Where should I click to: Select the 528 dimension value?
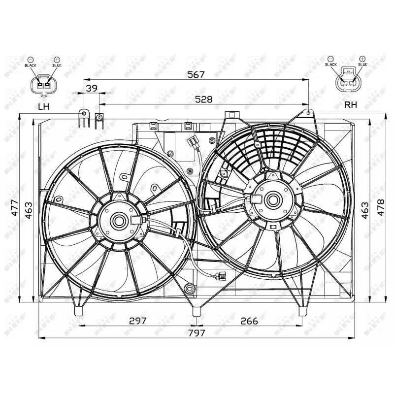(x=203, y=99)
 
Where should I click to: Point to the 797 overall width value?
(x=197, y=332)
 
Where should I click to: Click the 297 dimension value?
(x=137, y=321)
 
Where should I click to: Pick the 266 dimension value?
(x=249, y=321)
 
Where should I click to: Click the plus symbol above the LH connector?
(x=56, y=59)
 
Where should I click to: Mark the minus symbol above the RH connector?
(x=334, y=58)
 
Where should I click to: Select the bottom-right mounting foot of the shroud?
(x=302, y=310)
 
